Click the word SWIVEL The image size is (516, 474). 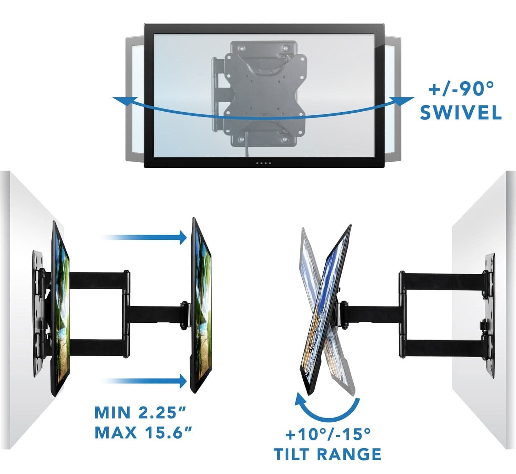click(x=461, y=113)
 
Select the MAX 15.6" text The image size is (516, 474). click(x=143, y=433)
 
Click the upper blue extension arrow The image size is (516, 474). click(x=144, y=238)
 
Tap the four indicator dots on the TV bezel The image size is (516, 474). click(x=263, y=163)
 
